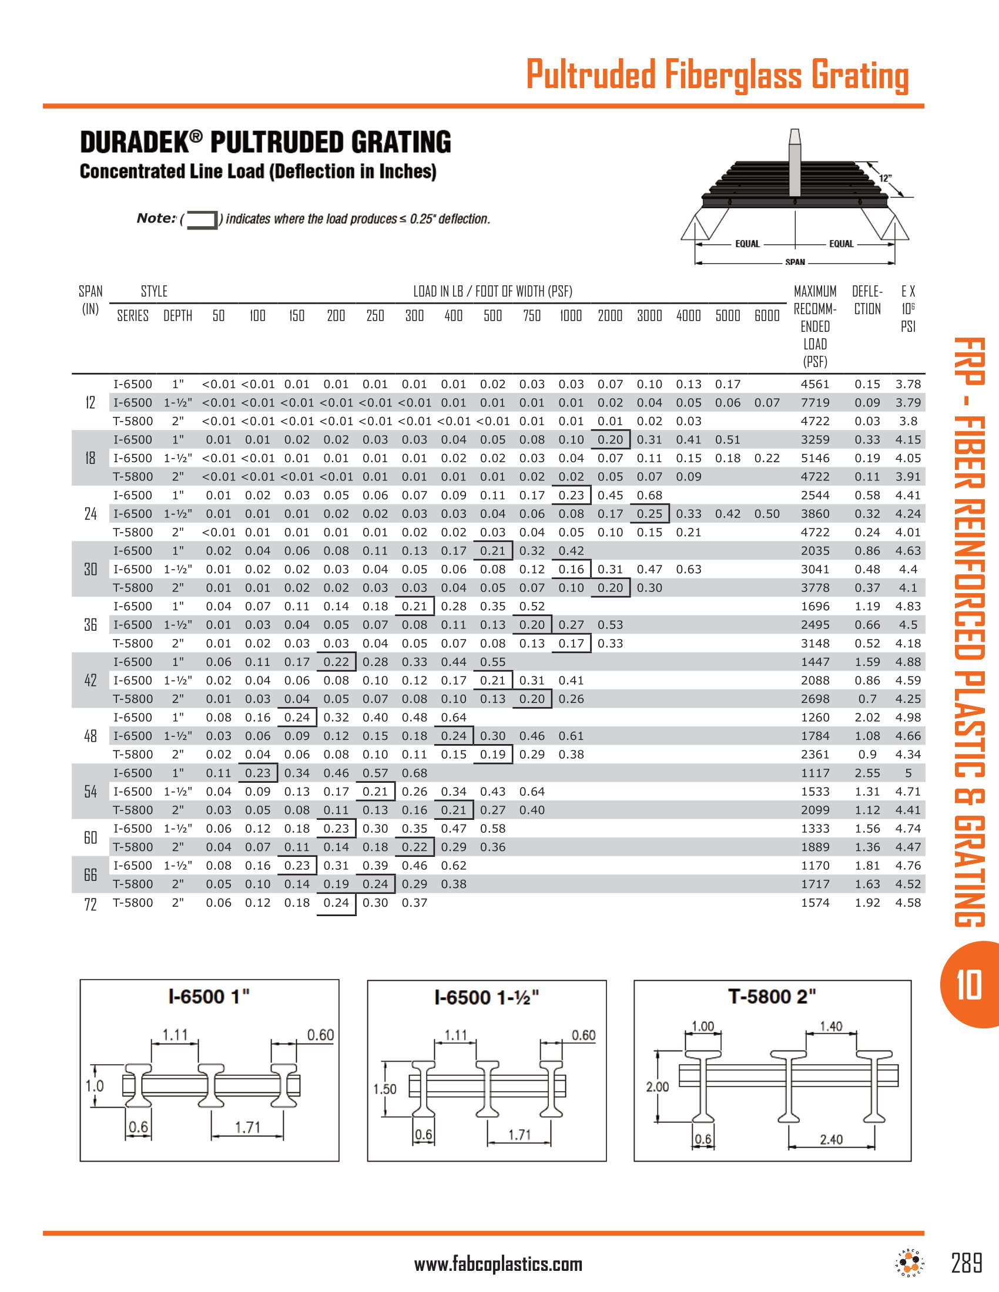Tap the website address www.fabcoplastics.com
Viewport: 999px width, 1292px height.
point(498,1264)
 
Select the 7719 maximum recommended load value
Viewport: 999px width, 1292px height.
point(815,403)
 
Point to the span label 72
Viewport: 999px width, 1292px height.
point(90,904)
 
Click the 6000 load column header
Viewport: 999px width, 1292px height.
point(766,316)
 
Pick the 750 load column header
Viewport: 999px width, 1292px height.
point(531,316)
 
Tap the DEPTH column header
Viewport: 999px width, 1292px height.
point(177,316)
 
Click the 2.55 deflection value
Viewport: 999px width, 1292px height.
point(867,773)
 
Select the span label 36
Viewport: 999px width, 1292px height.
point(90,625)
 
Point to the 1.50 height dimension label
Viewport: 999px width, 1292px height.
point(385,1089)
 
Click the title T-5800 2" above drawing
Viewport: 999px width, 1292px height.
point(772,997)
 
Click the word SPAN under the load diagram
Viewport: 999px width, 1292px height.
point(795,262)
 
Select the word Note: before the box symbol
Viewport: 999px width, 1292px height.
point(156,218)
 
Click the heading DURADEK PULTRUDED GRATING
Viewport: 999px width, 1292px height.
point(265,143)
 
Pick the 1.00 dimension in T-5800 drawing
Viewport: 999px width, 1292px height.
point(703,1027)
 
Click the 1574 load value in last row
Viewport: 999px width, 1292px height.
point(815,903)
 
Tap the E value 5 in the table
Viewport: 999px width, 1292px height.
point(908,773)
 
